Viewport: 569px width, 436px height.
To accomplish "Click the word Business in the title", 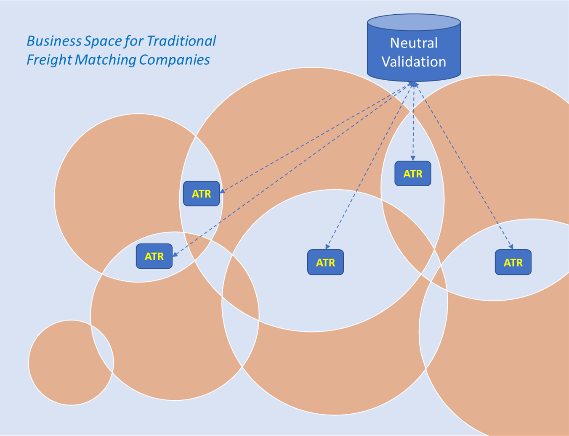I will pyautogui.click(x=54, y=41).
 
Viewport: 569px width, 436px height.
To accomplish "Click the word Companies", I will pyautogui.click(x=174, y=60).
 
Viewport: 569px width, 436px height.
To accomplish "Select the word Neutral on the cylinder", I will pyautogui.click(x=414, y=43).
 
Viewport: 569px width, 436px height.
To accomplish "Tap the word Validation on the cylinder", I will pyautogui.click(x=414, y=62).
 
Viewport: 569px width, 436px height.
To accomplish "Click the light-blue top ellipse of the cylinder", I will pyautogui.click(x=414, y=22).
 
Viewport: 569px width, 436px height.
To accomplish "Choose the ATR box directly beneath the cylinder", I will pyautogui.click(x=412, y=174).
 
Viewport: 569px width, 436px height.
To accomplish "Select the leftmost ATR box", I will pyautogui.click(x=154, y=256).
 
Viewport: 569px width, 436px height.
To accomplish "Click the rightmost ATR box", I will pyautogui.click(x=513, y=262).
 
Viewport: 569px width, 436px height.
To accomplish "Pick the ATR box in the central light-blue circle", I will pyautogui.click(x=325, y=262).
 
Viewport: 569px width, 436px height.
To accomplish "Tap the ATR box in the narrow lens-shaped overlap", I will pyautogui.click(x=201, y=193).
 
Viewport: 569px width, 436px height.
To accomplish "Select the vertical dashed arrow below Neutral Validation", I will pyautogui.click(x=413, y=122).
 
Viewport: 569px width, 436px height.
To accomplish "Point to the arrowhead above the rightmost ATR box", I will pyautogui.click(x=511, y=246).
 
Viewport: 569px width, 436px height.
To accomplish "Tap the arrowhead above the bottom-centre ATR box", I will pyautogui.click(x=327, y=247).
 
